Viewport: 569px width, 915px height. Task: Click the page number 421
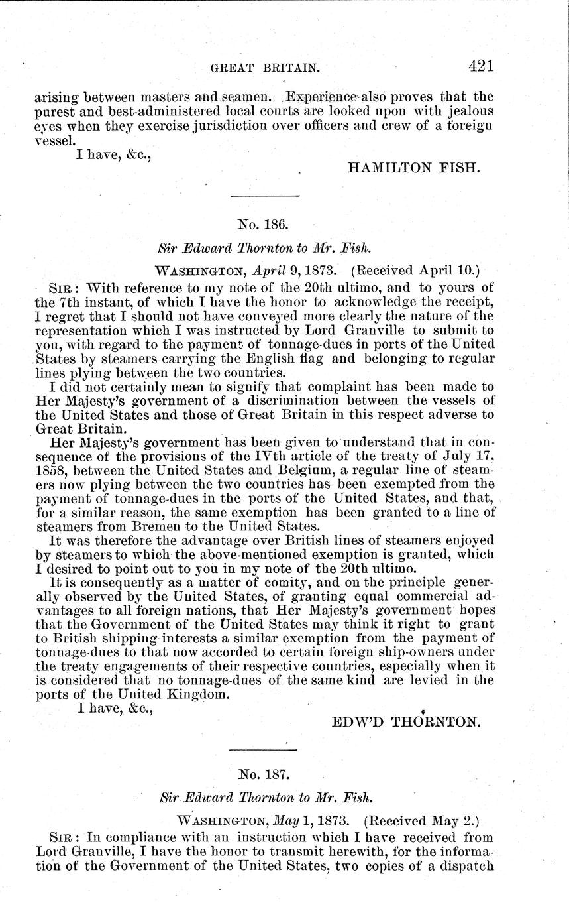point(481,66)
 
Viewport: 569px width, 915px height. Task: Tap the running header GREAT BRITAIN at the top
point(256,67)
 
